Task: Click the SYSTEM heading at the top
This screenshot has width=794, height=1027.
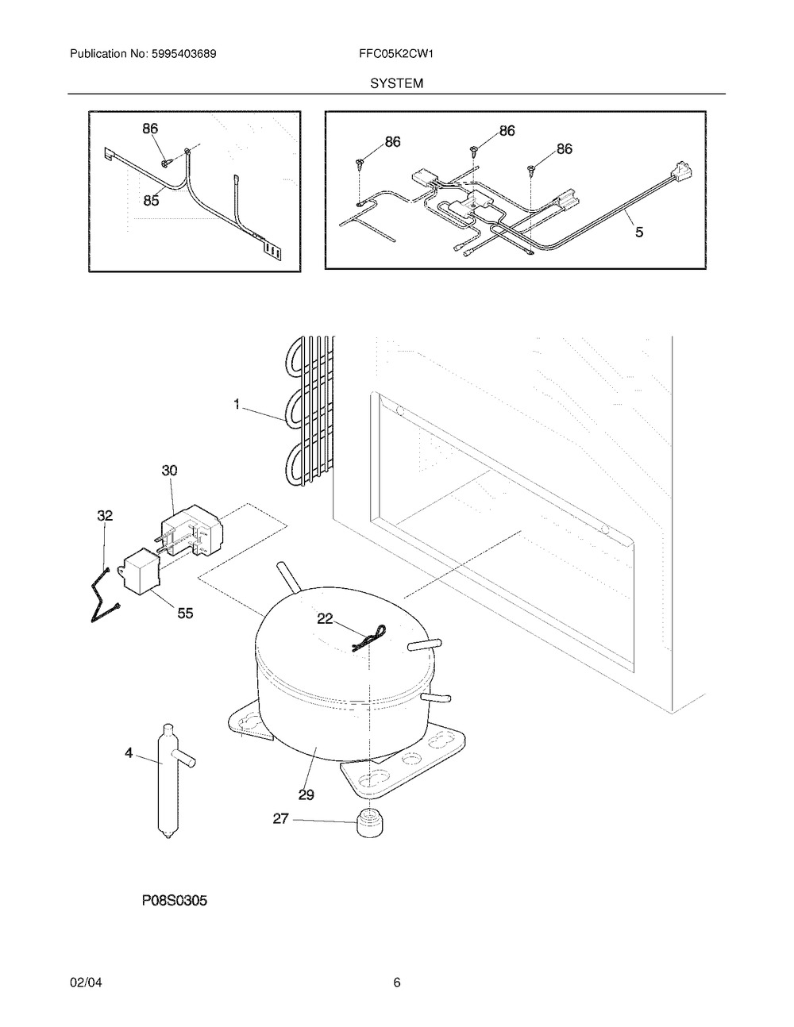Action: [x=396, y=83]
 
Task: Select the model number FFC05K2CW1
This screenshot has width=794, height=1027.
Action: [x=396, y=54]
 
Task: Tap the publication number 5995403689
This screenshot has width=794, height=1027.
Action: [x=184, y=54]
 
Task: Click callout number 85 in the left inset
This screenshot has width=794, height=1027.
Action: [x=151, y=200]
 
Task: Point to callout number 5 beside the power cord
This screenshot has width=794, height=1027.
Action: [x=639, y=232]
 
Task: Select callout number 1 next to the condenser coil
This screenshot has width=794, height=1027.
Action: [x=237, y=404]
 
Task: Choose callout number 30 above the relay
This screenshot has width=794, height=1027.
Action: [x=170, y=471]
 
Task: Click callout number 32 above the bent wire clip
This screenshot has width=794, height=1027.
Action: [x=105, y=515]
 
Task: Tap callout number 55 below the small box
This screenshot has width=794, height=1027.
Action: [x=185, y=613]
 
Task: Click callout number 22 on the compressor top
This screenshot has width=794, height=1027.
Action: [x=326, y=618]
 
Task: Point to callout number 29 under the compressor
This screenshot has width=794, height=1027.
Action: [x=306, y=795]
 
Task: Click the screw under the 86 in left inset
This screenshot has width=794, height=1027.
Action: [x=166, y=163]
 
